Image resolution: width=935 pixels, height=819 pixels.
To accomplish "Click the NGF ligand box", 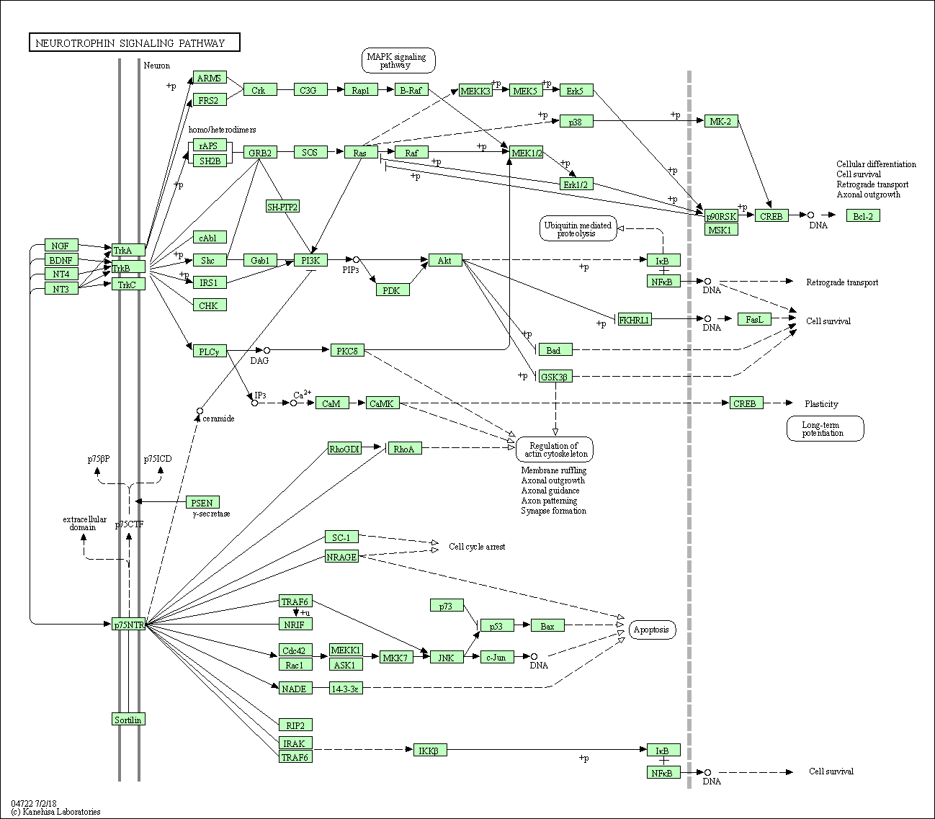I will click(x=61, y=246).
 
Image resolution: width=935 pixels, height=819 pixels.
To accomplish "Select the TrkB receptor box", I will click(x=128, y=267).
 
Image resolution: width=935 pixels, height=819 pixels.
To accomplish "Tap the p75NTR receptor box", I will click(x=129, y=625).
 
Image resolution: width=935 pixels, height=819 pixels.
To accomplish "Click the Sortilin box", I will click(x=128, y=719).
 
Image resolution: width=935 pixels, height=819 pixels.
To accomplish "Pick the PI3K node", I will click(x=310, y=260).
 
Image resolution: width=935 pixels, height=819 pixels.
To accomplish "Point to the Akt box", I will click(x=444, y=260).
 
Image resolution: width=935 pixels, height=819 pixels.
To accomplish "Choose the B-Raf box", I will click(x=411, y=89).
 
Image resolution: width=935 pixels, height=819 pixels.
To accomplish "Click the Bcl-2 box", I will click(x=862, y=215).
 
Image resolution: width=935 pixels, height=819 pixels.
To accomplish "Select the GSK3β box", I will click(x=555, y=376).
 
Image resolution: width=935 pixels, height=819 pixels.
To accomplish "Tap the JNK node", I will click(x=447, y=657).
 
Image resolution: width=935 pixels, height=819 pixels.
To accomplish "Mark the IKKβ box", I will click(x=430, y=750).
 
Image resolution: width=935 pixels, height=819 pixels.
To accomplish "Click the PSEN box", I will click(x=202, y=502).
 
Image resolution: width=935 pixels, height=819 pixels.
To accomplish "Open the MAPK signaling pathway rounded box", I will click(x=398, y=61).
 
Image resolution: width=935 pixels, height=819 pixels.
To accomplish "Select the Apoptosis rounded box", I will click(x=652, y=630).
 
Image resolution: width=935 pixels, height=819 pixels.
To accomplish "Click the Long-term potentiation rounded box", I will click(x=824, y=429).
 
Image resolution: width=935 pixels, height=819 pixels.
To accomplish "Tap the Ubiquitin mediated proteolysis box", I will click(x=577, y=229).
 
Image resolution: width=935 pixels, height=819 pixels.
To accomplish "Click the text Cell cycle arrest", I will click(x=477, y=547).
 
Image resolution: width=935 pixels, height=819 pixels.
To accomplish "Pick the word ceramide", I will click(x=218, y=419).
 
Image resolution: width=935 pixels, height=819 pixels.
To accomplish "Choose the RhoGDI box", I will click(x=344, y=449).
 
